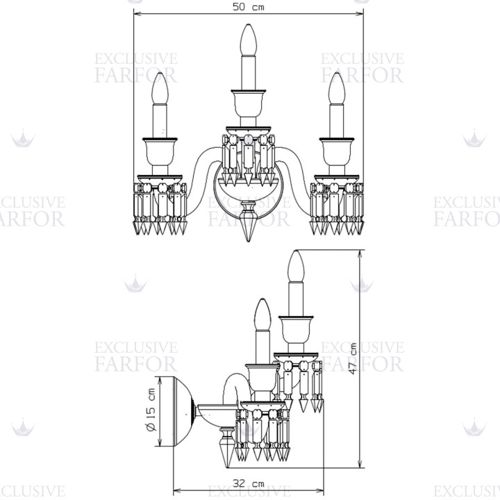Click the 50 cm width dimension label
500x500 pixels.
coord(249,7)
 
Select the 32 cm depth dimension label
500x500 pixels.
coord(249,483)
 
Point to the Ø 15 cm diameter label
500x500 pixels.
coord(151,410)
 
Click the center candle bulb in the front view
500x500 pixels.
coord(249,40)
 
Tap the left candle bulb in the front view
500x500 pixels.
coord(160,88)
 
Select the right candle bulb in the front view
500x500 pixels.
coord(337,88)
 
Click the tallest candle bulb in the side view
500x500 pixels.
coord(296,266)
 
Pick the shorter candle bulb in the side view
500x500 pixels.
coord(262,315)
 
